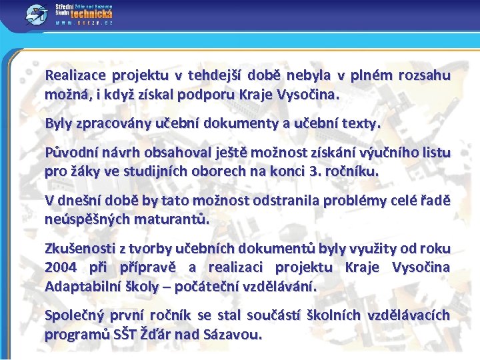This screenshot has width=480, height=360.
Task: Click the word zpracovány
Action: tap(112, 123)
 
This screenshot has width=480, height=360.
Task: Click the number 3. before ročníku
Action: tap(317, 171)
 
